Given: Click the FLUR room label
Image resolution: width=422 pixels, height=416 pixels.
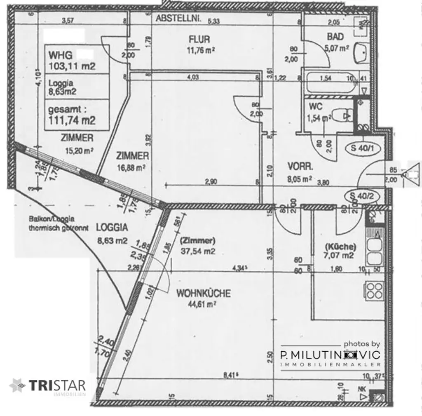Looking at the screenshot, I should [199, 40].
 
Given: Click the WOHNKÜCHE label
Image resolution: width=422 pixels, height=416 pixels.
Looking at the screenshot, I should [203, 294].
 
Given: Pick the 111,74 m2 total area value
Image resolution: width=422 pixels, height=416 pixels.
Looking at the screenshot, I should [72, 120].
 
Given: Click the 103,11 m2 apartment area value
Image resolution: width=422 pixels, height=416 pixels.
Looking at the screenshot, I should [72, 66].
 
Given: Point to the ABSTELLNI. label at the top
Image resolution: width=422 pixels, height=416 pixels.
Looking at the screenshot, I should [178, 19].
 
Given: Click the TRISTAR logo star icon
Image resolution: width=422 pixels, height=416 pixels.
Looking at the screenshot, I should [18, 386].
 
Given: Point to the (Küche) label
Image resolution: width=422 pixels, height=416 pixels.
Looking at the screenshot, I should [340, 247].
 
